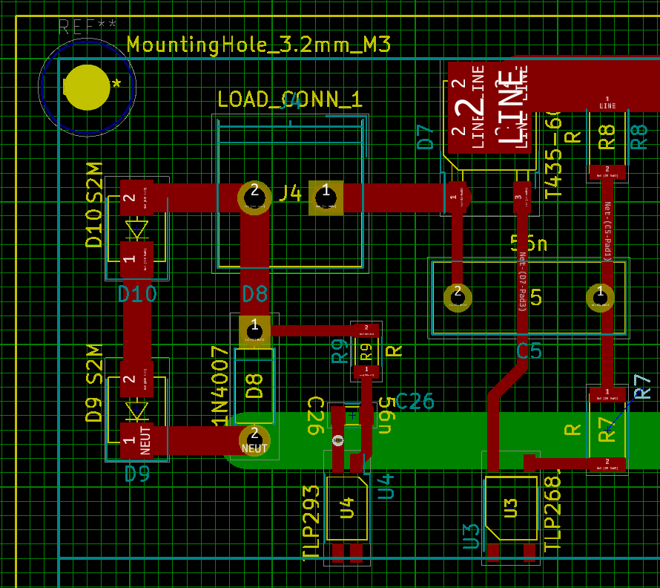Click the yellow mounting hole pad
pos(88,88)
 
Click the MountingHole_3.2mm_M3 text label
pos(259,45)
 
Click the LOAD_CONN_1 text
pos(289,99)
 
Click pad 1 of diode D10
pos(136,258)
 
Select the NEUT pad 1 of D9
pos(137,440)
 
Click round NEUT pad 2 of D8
pos(254,440)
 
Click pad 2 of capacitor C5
pos(458,297)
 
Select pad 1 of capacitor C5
pos(600,297)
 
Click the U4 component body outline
pos(346,509)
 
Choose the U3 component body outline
pos(511,508)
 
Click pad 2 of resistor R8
pos(607,171)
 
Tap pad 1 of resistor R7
pos(607,393)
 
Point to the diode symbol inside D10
pos(136,229)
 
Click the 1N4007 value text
pos(220,386)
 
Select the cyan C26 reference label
pos(415,401)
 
